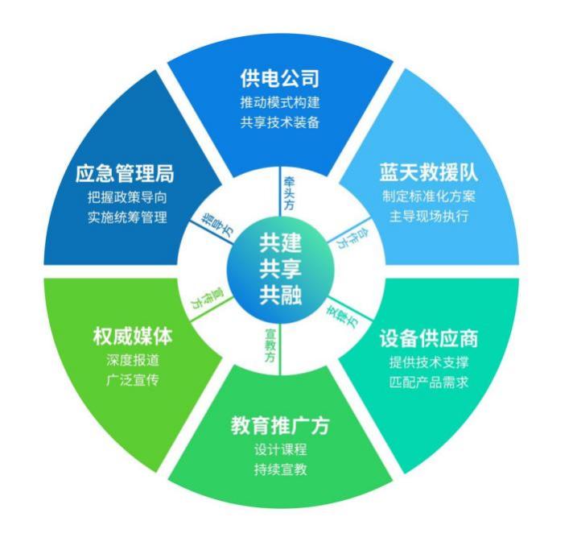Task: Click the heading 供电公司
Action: pyautogui.click(x=280, y=79)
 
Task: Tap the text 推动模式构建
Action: pyautogui.click(x=280, y=104)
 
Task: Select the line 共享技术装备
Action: pyautogui.click(x=280, y=122)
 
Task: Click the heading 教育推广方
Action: pyautogui.click(x=280, y=425)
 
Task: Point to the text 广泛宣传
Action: pyautogui.click(x=132, y=378)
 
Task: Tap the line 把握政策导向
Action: pyautogui.click(x=127, y=197)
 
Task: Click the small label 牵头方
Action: pyautogui.click(x=288, y=190)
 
